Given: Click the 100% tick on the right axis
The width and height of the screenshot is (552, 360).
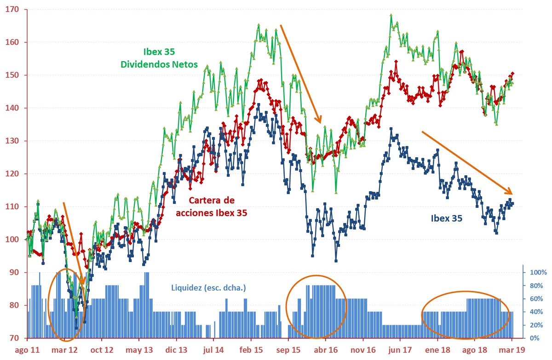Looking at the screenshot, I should (537, 273).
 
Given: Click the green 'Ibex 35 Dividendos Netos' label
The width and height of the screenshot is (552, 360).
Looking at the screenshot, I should (159, 57).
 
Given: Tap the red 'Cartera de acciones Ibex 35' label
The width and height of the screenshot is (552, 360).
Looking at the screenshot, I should (212, 207).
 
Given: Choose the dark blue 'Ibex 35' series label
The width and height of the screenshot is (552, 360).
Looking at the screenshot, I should (446, 219).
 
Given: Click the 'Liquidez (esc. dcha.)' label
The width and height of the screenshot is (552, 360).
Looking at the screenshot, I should (209, 288).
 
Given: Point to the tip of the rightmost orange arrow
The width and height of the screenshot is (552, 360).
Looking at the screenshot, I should (512, 194).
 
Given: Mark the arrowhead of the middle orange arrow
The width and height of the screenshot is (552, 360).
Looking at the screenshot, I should (320, 122).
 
